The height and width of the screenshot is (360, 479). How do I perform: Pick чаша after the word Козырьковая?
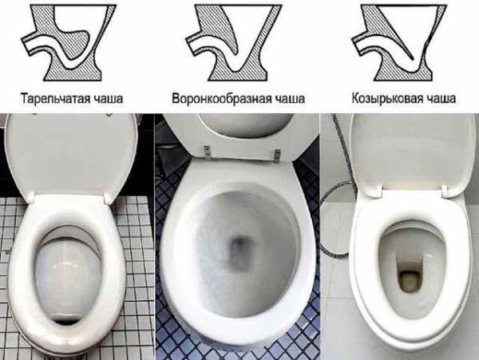[x=440, y=100]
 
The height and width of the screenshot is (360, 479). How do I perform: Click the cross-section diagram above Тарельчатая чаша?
[x=69, y=45]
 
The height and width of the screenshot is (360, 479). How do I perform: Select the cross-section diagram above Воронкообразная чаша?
[x=232, y=45]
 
